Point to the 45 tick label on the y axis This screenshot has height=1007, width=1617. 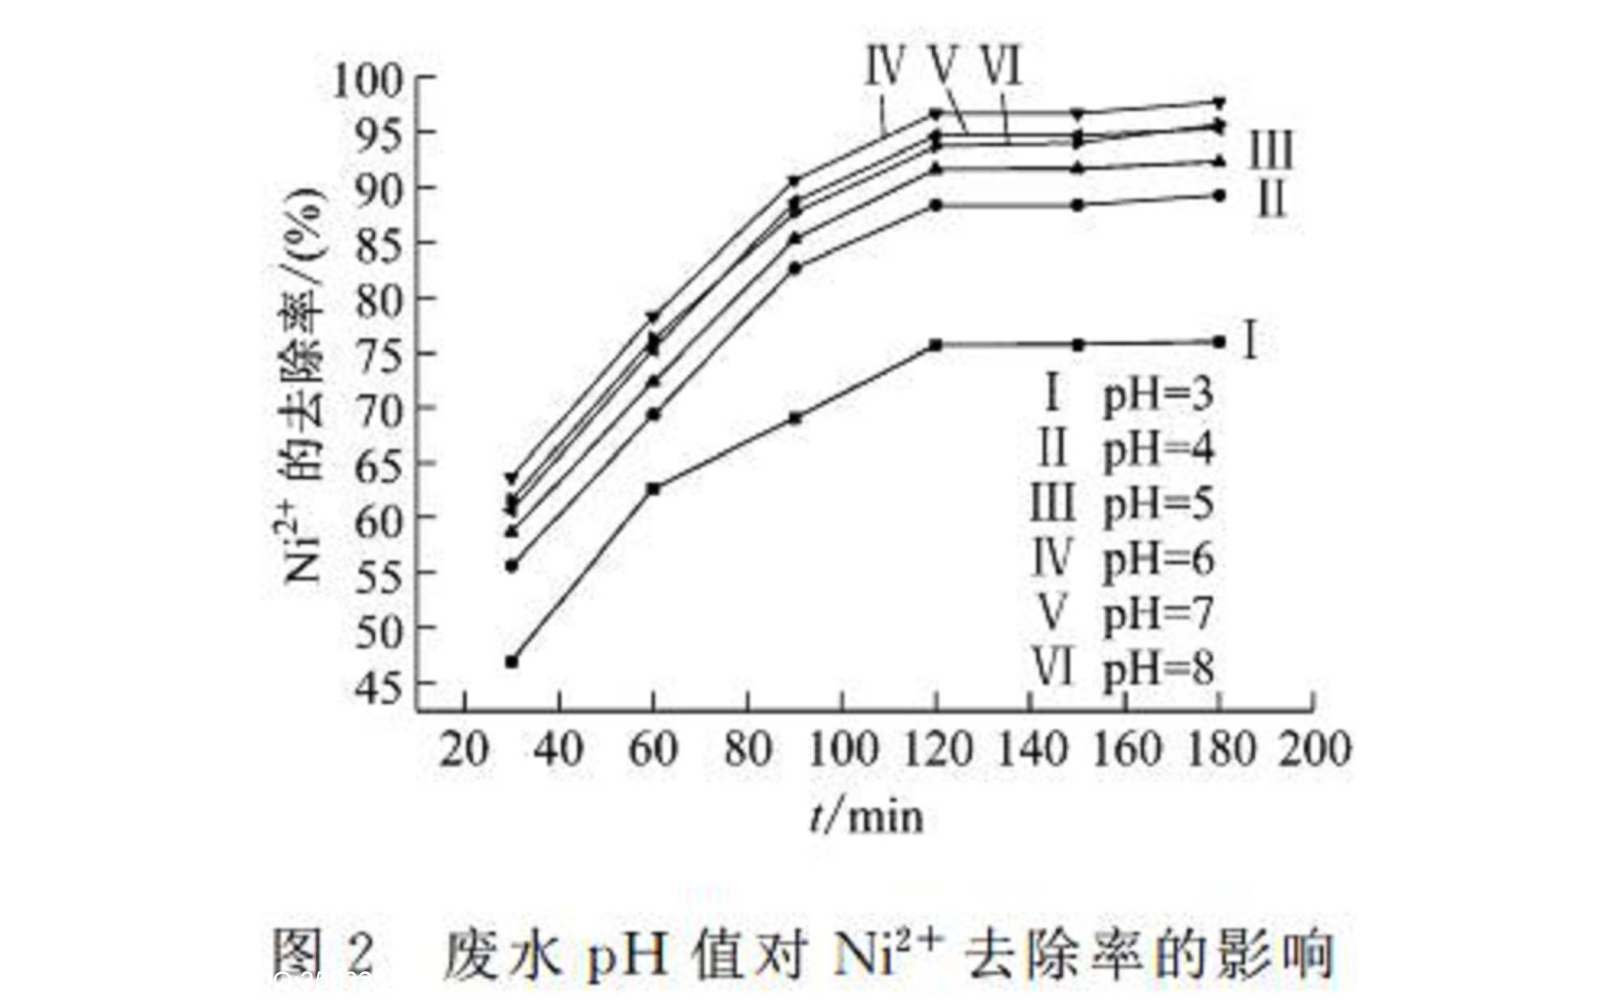pos(380,687)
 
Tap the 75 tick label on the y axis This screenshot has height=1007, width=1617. pos(380,356)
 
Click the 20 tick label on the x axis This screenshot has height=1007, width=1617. pos(464,749)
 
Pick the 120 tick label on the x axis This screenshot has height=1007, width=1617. pos(936,749)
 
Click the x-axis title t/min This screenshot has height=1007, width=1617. pos(867,816)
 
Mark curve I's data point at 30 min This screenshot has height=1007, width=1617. pos(512,662)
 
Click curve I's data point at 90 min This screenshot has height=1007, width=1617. pos(796,418)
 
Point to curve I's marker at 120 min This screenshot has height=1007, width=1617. pos(936,345)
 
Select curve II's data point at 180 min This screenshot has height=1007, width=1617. pos(1219,196)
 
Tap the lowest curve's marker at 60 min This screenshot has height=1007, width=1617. pos(653,489)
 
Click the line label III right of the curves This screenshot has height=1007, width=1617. pos(1272,150)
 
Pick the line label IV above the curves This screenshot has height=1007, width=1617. pos(884,66)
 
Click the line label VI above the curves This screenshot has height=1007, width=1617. pos(1003,66)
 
